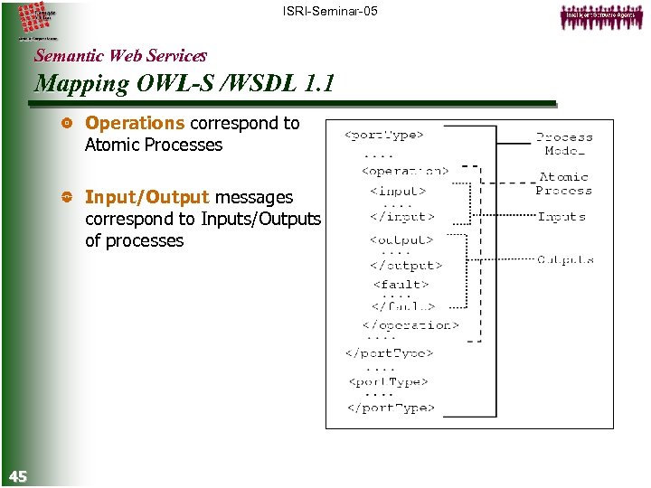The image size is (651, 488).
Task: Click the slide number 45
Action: pyautogui.click(x=17, y=476)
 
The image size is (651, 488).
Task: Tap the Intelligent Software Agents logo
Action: pyautogui.click(x=597, y=17)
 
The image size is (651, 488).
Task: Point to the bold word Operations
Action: pyautogui.click(x=135, y=123)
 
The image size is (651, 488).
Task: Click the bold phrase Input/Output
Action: pyautogui.click(x=146, y=197)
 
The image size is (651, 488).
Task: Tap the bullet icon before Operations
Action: pyautogui.click(x=64, y=124)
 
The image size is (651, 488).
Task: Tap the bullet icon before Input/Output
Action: pyautogui.click(x=64, y=198)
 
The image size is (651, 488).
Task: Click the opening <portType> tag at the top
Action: pyautogui.click(x=384, y=136)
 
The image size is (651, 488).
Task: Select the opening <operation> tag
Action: pyautogui.click(x=404, y=170)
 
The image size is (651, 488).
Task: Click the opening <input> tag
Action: pyautogui.click(x=398, y=191)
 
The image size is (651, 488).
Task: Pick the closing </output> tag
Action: pyautogui.click(x=405, y=266)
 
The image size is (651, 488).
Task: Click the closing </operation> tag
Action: pyautogui.click(x=410, y=325)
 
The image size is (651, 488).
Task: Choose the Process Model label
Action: pyautogui.click(x=564, y=144)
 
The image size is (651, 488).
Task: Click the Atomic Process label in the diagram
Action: pyautogui.click(x=563, y=183)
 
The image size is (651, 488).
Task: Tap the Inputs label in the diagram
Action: pyautogui.click(x=561, y=217)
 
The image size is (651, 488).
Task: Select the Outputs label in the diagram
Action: pyautogui.click(x=565, y=259)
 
